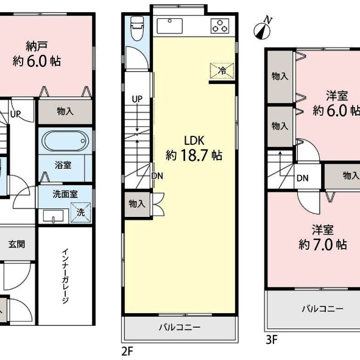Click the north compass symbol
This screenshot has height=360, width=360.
point(262,29)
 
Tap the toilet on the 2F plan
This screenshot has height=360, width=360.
point(137,29)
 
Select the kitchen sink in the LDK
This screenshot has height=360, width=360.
point(170,26)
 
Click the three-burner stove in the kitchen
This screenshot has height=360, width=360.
point(220,26)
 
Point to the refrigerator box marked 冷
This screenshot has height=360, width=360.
point(222,71)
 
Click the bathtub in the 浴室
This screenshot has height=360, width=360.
point(65,141)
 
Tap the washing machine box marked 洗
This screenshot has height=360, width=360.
point(81,213)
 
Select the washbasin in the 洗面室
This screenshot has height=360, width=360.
point(53,216)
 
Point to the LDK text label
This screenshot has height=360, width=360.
point(194,141)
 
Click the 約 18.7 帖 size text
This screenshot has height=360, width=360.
point(194,155)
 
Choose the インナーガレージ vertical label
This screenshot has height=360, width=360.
point(65,276)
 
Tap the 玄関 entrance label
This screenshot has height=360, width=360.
point(17,244)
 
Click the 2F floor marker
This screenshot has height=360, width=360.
point(127,351)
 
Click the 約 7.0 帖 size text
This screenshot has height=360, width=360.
point(323,245)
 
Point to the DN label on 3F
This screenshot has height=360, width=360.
point(302,178)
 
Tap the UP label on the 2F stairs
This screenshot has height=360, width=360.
point(137,99)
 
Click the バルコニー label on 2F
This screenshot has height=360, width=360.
point(180,327)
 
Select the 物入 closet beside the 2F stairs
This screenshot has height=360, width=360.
point(137,204)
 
